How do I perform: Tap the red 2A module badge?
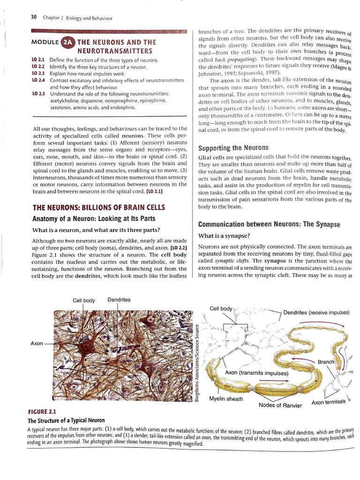coord(67,42)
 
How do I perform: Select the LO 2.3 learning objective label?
coord(38,74)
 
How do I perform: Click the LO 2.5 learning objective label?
coord(38,94)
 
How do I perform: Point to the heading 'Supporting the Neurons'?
coord(233,148)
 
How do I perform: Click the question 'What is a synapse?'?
coord(224,235)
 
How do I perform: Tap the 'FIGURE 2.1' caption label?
coord(42,412)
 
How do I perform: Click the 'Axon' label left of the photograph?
coord(37,344)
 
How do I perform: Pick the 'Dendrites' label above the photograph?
coord(119,300)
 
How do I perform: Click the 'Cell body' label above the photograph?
coord(84,300)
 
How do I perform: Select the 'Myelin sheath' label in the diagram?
coord(226,399)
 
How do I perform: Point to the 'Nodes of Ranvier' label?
coord(280,405)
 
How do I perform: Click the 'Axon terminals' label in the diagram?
coord(328,402)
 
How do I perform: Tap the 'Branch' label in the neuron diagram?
coord(326,362)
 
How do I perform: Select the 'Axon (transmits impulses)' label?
coord(256,373)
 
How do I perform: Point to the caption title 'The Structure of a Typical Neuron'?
coord(66,420)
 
